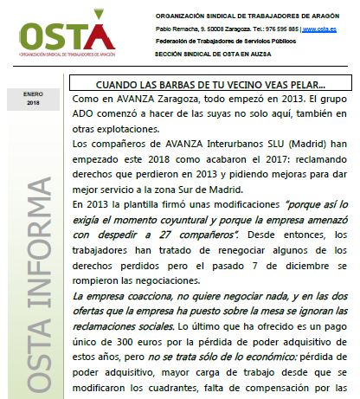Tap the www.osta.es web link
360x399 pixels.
(x=320, y=29)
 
